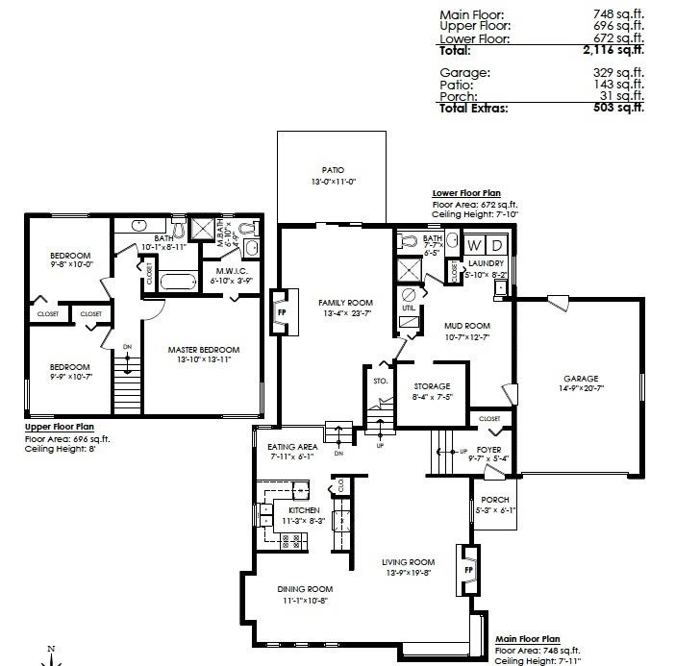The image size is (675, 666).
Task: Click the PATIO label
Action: (x=334, y=170)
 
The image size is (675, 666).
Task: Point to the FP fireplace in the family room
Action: (x=282, y=312)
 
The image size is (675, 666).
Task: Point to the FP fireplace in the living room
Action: (x=467, y=568)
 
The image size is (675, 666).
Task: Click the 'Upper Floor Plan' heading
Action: (x=60, y=428)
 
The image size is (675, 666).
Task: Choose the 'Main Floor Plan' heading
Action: (x=527, y=638)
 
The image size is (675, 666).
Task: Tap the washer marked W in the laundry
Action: (x=475, y=245)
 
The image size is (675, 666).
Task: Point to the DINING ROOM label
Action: (x=305, y=588)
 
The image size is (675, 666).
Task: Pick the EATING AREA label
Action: (x=292, y=446)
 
